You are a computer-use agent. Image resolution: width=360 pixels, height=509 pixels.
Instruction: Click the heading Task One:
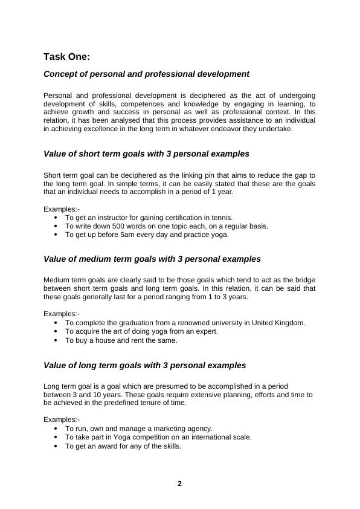(66, 57)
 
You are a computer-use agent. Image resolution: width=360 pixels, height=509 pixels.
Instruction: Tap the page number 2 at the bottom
(179, 484)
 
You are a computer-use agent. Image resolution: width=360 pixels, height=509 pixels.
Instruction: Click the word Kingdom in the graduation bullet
(291, 323)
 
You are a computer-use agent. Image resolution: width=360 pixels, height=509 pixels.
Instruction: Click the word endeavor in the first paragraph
(228, 129)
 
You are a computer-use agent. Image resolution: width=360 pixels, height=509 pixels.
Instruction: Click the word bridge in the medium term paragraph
(303, 280)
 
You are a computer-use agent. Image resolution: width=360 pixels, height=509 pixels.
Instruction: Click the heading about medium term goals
(152, 259)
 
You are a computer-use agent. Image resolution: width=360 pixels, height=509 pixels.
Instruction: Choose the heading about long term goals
(145, 365)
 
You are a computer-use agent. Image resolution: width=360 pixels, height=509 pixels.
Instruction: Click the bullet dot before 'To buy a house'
(56, 340)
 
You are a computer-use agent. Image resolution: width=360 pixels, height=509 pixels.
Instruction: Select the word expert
(205, 331)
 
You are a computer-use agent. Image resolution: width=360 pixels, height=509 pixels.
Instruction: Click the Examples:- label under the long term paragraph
(62, 420)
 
